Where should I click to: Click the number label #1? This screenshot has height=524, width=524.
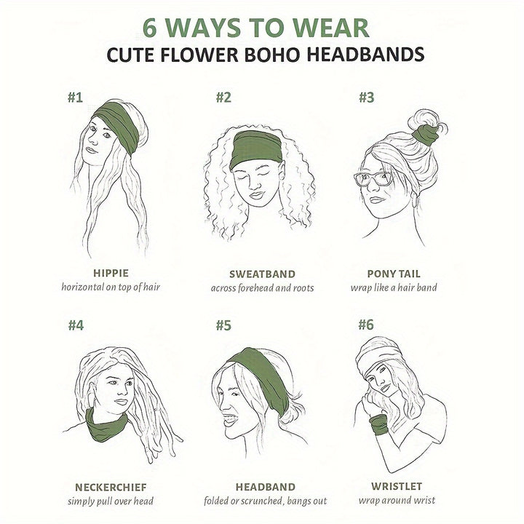coord(75,98)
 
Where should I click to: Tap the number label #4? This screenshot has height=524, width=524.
coord(76,325)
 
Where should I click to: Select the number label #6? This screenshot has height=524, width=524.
coord(365,325)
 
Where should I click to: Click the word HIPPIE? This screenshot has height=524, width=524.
coord(111,274)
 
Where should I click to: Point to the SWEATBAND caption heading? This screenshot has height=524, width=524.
coord(262,274)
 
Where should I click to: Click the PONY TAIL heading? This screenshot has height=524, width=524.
coord(394,274)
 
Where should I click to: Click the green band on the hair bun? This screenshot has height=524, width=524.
coord(425,134)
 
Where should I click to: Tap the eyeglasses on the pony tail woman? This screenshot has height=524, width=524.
coord(373,178)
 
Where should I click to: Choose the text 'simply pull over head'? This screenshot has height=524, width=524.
coord(111,501)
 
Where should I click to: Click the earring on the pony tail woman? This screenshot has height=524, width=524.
coord(416,199)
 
